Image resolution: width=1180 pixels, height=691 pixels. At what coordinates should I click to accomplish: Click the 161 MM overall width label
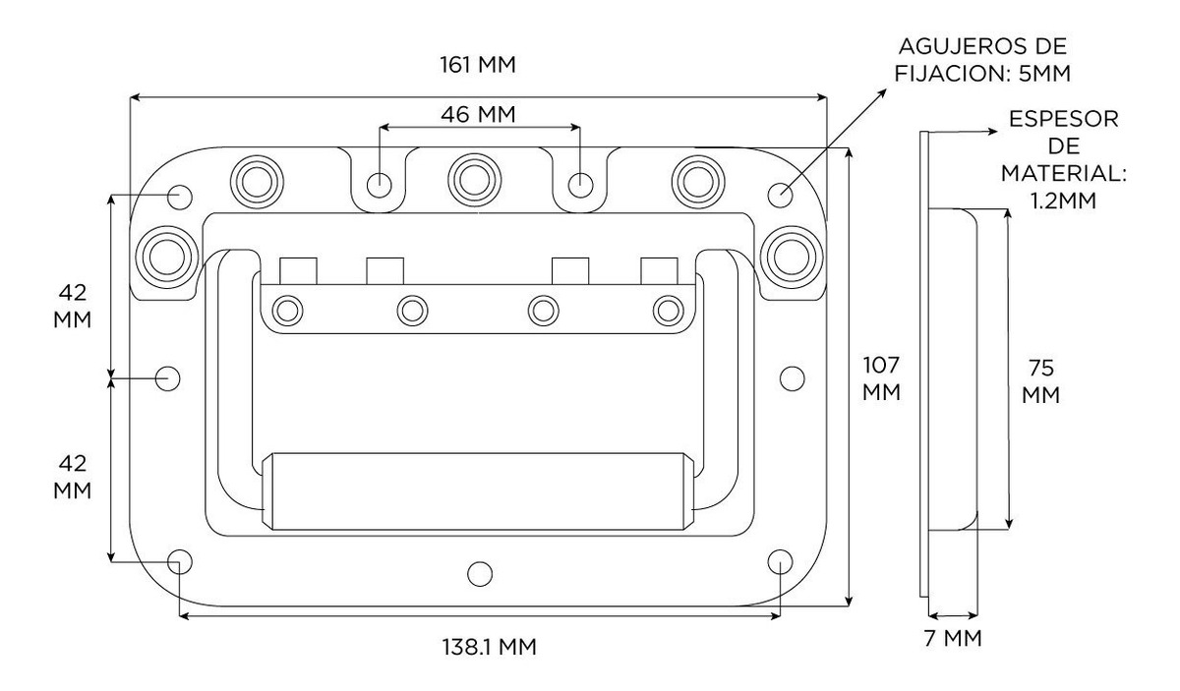[477, 65]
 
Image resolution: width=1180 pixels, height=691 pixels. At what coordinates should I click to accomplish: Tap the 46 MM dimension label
[478, 113]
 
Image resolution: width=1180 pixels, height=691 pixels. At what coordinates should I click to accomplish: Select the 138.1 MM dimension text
[489, 647]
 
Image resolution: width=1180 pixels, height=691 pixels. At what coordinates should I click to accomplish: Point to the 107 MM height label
[881, 378]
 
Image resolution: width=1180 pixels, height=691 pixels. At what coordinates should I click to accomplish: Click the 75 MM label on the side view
[1041, 382]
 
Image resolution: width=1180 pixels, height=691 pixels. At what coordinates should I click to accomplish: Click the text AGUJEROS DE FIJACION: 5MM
[983, 60]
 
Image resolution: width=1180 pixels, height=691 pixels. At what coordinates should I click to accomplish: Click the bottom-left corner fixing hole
[180, 561]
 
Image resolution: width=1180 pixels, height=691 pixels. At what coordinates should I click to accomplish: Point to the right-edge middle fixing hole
[792, 377]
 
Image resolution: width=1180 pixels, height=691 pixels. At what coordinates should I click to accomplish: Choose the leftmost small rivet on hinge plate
[287, 311]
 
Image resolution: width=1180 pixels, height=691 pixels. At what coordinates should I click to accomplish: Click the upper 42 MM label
[73, 307]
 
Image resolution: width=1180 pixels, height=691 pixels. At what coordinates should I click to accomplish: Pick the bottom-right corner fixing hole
[779, 561]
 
